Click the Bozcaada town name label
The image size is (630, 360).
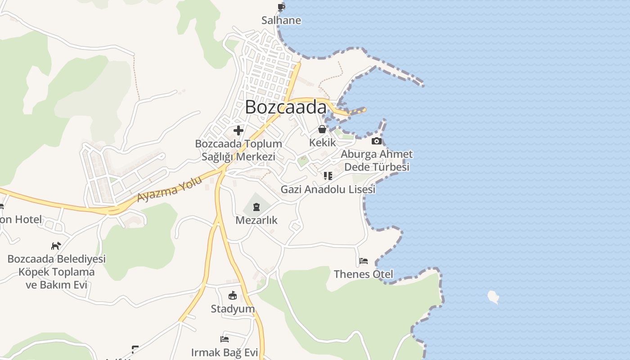[x=286, y=107]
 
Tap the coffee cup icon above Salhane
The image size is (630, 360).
[x=281, y=7]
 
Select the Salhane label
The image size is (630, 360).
[x=281, y=21]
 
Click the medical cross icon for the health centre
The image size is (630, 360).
[x=238, y=131]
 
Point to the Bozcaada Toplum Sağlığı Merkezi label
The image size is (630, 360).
[x=238, y=150]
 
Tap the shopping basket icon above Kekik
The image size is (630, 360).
[x=323, y=130]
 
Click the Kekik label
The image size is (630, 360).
[x=323, y=143]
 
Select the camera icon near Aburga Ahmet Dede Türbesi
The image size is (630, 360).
[x=376, y=141]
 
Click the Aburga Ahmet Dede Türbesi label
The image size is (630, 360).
[x=377, y=161]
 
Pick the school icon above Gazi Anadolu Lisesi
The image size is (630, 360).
[x=328, y=176]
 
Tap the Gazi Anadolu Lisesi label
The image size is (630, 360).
[x=328, y=189]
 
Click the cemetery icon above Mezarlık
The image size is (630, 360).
[x=256, y=207]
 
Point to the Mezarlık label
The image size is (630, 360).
[x=256, y=220]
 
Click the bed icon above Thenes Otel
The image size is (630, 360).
[x=364, y=261]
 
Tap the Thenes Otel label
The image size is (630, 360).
[x=364, y=274]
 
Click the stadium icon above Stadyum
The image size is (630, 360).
[x=233, y=296]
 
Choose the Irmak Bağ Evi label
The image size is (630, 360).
[x=225, y=352]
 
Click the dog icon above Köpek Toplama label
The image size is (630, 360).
[x=56, y=246]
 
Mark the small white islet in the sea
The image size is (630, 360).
[x=494, y=297]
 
